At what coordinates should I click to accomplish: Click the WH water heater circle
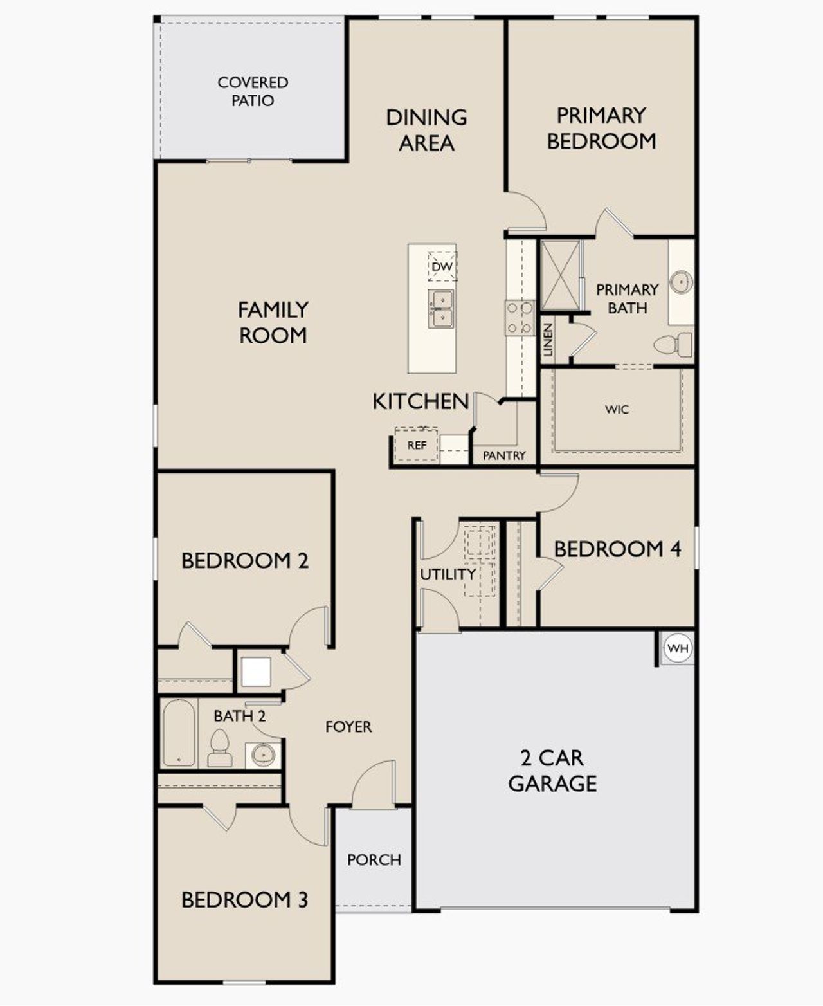coord(678,648)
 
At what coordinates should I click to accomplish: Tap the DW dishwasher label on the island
coord(442,266)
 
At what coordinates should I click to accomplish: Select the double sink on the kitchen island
coord(441,309)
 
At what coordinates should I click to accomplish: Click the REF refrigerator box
coord(417,444)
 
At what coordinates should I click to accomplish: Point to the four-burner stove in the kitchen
coord(520,318)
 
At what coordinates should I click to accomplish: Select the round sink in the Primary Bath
coord(681,282)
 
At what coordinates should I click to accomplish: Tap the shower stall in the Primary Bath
coord(560,275)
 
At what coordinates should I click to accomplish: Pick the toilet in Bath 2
coord(220,748)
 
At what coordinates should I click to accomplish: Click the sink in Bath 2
coord(263,753)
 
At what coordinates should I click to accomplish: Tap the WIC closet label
coord(617,409)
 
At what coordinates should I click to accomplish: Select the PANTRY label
coord(504,455)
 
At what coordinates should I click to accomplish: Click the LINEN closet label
coord(548,340)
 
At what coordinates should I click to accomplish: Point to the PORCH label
coord(374,859)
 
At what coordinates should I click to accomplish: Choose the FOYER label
coord(348,727)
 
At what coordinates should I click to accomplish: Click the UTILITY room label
coord(448,574)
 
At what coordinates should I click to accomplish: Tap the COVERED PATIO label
coord(253,91)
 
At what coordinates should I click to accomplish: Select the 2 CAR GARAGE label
coord(552,771)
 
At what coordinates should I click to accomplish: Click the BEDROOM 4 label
coord(617,549)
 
